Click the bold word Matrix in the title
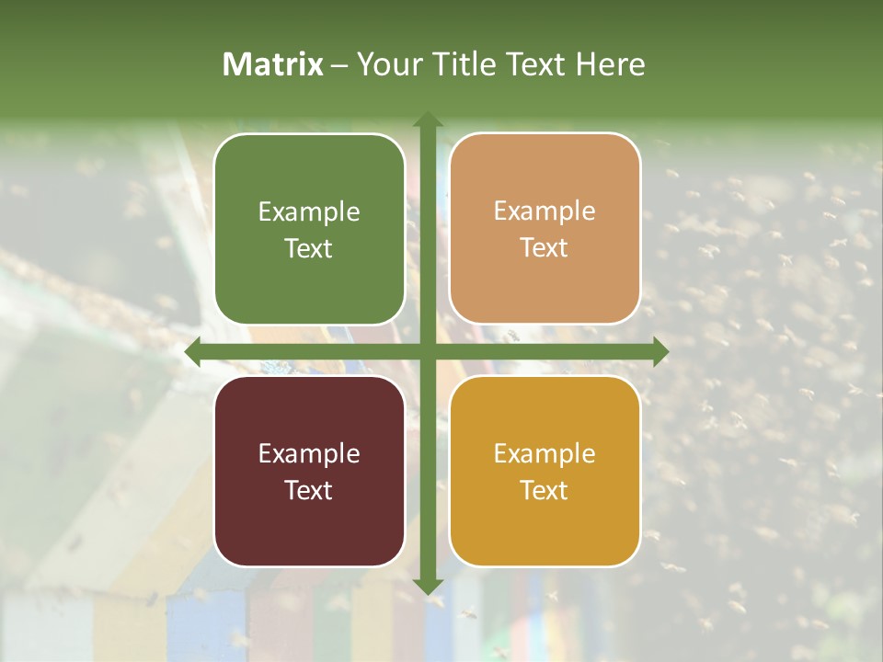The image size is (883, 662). point(273,64)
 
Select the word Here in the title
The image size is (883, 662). point(610,64)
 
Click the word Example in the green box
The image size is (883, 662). point(309,211)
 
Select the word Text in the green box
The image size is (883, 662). point(309,248)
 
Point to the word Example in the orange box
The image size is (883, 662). point(545,211)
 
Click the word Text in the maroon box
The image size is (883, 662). point(309,490)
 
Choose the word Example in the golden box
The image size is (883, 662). point(545,453)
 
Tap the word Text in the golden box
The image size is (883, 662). point(545,490)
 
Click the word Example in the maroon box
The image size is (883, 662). point(309,453)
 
